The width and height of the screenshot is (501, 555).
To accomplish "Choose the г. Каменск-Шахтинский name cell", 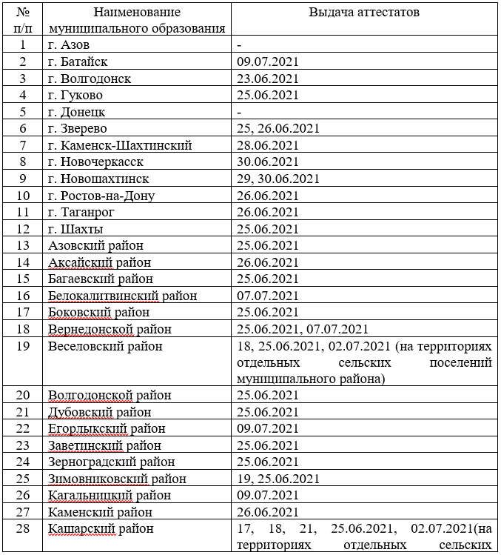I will coord(119,145).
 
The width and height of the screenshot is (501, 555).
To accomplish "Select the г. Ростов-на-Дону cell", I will coord(101,196).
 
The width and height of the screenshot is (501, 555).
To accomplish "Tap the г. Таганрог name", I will coord(86,212).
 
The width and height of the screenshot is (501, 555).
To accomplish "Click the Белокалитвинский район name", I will coord(122,296).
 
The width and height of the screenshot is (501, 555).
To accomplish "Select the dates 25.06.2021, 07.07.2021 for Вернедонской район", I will coord(303,329).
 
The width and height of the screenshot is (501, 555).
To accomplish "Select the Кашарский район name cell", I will coord(101,529).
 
